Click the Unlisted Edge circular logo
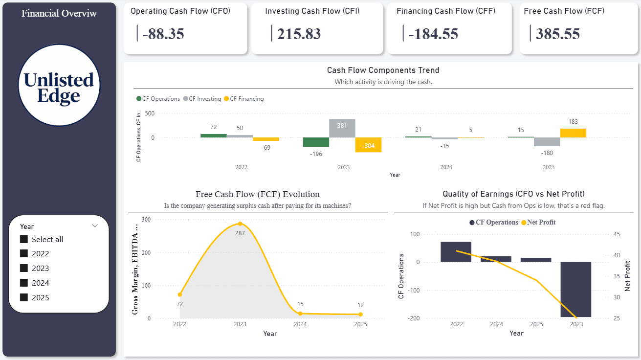coord(59,85)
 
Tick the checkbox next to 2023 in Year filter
coord(23,268)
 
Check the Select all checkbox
coord(23,239)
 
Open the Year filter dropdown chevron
coord(95,226)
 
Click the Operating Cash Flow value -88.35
coord(163,34)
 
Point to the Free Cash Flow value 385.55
coord(557,34)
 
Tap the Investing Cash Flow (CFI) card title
coord(312,11)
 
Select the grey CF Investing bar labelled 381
coord(342,128)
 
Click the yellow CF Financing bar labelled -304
coord(368,145)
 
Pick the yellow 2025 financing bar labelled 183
coord(573,133)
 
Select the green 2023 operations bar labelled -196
coord(316,142)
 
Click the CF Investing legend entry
coord(202,99)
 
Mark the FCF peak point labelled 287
coord(240,224)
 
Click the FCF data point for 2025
coord(360,315)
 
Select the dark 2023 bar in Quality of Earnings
coord(576,289)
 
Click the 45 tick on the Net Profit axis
coord(616,234)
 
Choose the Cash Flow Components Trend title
coord(383,70)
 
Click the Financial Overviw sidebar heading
coord(59,13)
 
